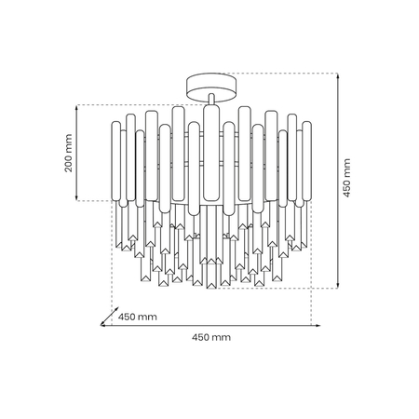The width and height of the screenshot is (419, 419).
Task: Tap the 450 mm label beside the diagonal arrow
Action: coord(137,317)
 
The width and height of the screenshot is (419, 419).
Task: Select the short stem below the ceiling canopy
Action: coord(211,101)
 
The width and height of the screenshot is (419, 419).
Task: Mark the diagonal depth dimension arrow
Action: coord(107,317)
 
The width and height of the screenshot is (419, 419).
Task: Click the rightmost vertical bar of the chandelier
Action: coord(304,162)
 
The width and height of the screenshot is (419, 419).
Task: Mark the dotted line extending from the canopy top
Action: coord(279,74)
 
